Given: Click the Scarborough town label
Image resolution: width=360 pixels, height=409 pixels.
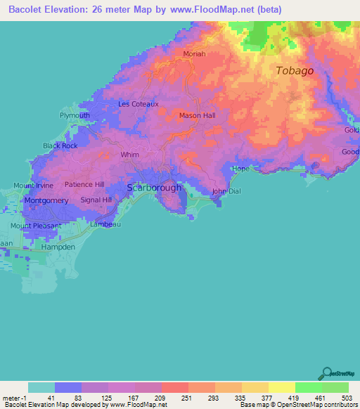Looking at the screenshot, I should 154,188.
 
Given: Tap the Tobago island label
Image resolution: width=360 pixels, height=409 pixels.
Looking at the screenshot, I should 295,71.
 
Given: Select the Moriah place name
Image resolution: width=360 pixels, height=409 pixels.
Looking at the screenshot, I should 194,54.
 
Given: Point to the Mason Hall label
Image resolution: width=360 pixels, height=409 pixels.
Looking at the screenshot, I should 197,115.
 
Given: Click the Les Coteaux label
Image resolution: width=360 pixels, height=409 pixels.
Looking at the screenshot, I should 139,104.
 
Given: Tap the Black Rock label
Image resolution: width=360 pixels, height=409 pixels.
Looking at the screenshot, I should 60,145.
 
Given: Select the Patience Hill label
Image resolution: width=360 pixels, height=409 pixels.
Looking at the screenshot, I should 84,184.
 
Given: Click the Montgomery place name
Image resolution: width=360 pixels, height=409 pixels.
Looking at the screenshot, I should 46,200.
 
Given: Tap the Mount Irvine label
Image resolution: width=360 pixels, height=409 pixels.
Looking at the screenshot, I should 33,186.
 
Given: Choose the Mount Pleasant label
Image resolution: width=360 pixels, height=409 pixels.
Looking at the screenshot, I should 36,226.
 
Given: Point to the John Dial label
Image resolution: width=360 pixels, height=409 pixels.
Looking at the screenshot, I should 227,191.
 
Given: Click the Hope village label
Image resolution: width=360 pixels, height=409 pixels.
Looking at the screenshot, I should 240,169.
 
